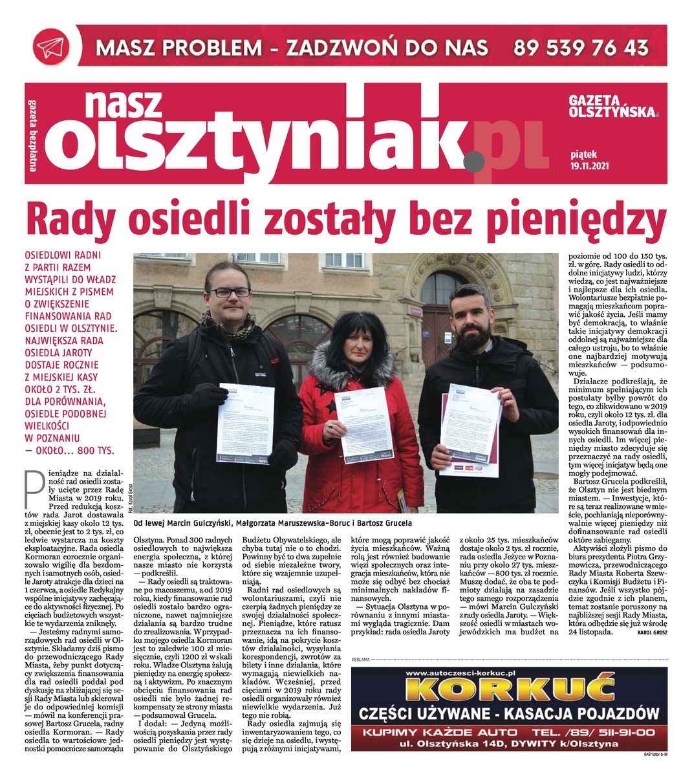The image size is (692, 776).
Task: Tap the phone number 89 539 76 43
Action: pos(581,47)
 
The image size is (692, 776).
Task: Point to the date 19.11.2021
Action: pos(590,166)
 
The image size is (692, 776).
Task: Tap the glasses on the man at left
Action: pos(229,292)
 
